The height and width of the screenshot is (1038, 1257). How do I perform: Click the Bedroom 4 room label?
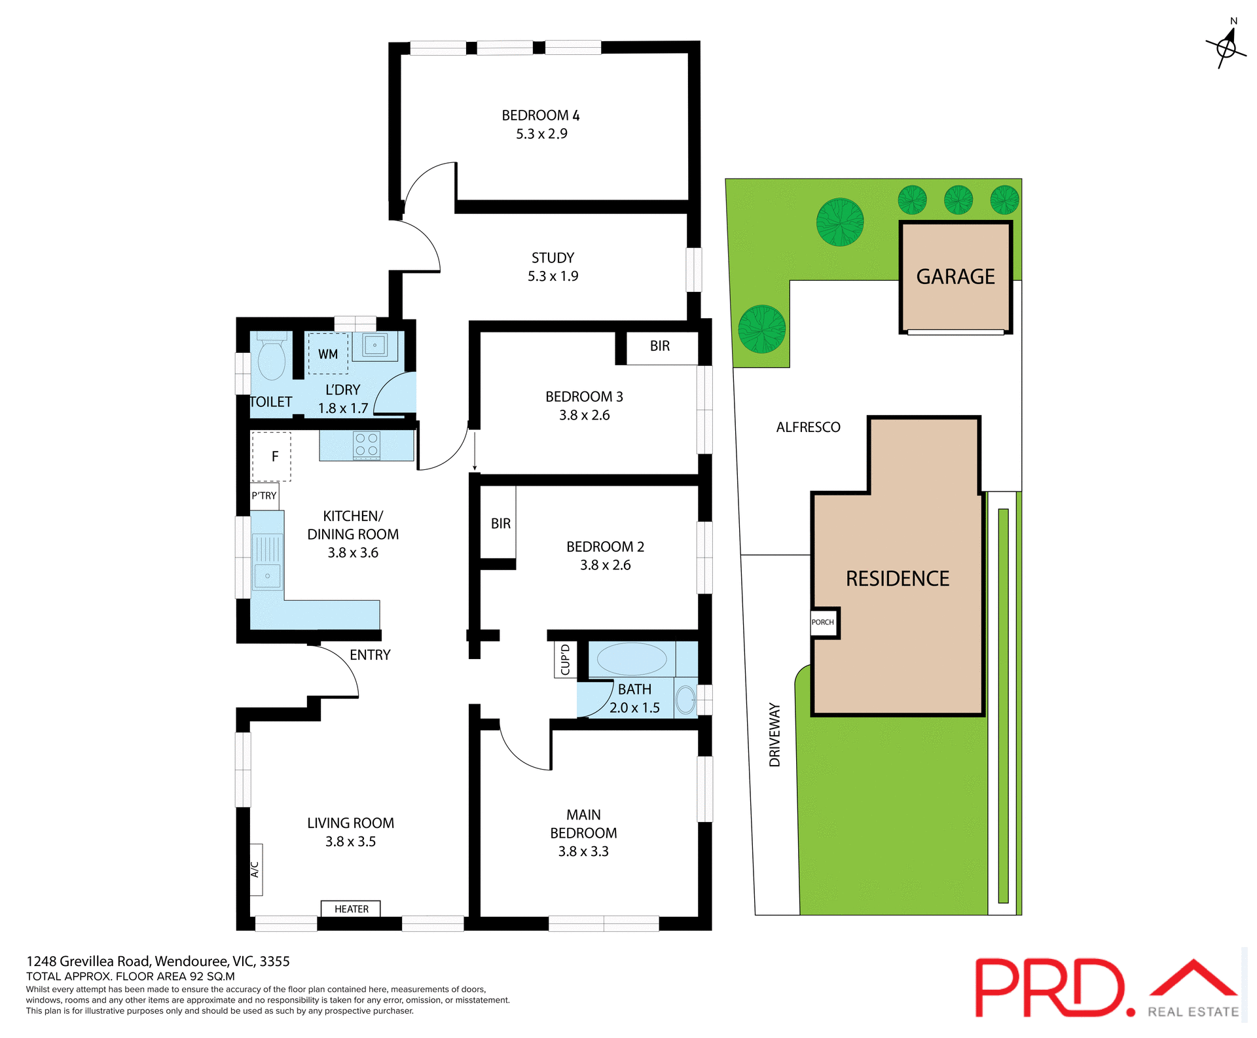point(540,115)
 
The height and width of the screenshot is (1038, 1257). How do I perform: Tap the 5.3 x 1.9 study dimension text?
point(553,276)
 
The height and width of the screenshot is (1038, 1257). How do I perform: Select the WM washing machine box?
point(328,354)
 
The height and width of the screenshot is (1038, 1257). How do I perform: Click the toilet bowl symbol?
point(271,360)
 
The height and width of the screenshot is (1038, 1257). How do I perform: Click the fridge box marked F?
point(272,456)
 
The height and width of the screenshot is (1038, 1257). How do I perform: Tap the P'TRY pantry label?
point(264,496)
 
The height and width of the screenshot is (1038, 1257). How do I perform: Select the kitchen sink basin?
point(267,576)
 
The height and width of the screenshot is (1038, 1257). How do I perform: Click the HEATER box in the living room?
point(351,908)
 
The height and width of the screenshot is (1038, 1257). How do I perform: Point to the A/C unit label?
point(255,869)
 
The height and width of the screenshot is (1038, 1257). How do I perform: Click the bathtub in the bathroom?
point(631,659)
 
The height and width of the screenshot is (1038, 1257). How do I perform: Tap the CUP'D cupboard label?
point(566,659)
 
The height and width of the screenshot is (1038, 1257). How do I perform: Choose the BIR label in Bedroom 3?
point(659,346)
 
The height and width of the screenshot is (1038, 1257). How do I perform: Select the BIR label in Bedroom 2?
point(500,524)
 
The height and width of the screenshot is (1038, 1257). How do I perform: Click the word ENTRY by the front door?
point(370,655)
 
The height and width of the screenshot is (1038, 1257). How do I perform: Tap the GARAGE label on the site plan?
point(955,277)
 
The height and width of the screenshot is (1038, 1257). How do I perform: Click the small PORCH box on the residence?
point(823,622)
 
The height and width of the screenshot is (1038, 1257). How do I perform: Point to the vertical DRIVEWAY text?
point(774,734)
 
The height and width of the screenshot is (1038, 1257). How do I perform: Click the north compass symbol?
point(1226,47)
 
